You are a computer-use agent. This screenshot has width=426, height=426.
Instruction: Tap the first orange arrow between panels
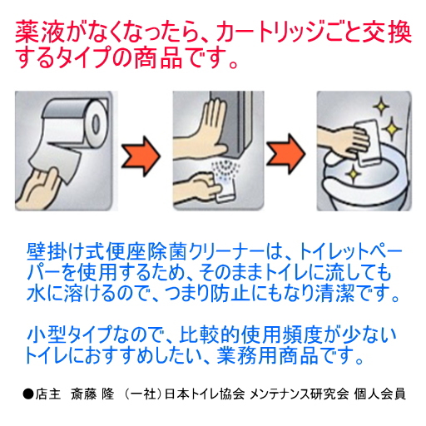pyautogui.click(x=141, y=156)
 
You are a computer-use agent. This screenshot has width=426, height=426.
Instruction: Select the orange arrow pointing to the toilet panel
pyautogui.click(x=285, y=155)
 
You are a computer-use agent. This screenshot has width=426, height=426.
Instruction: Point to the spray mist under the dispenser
pyautogui.click(x=225, y=172)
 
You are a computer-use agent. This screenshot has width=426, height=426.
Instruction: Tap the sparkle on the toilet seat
pyautogui.click(x=353, y=174)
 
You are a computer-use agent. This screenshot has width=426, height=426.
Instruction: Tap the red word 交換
pyautogui.click(x=389, y=33)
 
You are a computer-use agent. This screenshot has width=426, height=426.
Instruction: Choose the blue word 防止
pyautogui.click(x=230, y=293)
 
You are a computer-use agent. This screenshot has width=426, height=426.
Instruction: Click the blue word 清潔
pyautogui.click(x=335, y=293)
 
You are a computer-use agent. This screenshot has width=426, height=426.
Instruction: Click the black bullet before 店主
pyautogui.click(x=28, y=394)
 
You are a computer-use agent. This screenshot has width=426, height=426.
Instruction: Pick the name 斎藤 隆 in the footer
pyautogui.click(x=92, y=394)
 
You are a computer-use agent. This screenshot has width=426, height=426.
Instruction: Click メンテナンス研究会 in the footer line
pyautogui.click(x=300, y=394)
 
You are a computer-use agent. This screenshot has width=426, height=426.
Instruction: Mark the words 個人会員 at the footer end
pyautogui.click(x=379, y=394)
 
